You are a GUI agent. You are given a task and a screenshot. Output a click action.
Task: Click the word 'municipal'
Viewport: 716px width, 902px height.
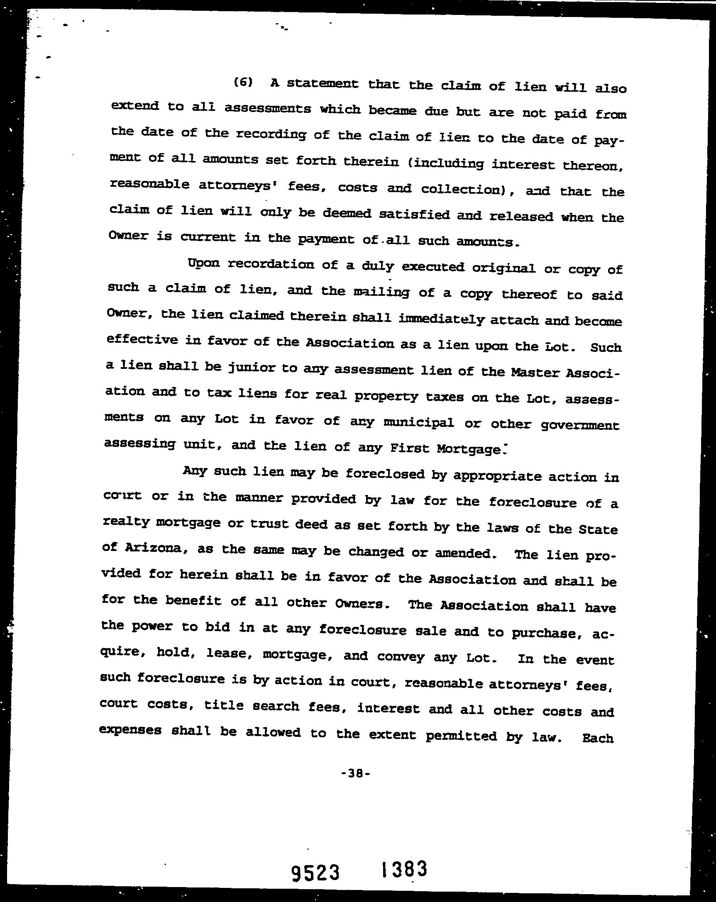418,422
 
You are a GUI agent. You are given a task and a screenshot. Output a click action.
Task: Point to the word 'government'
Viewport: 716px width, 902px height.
579,425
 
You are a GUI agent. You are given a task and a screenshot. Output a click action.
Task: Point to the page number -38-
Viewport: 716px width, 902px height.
356,773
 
